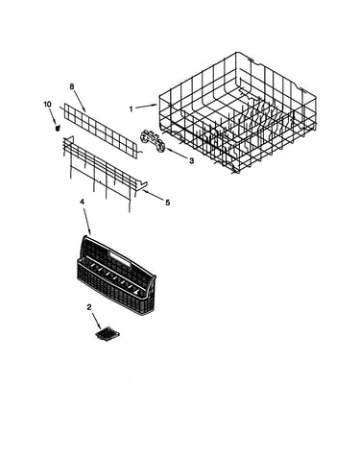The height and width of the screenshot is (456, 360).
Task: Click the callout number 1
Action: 131,109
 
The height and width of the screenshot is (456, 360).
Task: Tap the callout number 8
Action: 72,86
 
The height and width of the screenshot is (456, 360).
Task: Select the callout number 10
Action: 47,105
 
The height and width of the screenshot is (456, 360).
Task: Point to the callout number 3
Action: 191,161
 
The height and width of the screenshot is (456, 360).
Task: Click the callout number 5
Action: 168,203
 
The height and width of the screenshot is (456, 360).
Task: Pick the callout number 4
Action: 82,202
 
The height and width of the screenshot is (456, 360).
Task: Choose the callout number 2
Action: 89,307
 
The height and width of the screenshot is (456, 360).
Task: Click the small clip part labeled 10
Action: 58,128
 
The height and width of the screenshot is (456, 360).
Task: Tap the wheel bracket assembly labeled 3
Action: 153,142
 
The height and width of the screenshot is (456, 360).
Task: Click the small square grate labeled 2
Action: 108,333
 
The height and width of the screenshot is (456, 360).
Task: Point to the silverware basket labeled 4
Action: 116,276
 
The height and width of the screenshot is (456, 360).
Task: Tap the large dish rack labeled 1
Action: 237,112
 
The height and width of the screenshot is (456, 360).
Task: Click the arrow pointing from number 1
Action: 146,107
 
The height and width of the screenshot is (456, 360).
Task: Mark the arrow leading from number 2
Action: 97,321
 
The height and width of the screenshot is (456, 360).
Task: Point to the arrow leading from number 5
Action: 152,195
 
